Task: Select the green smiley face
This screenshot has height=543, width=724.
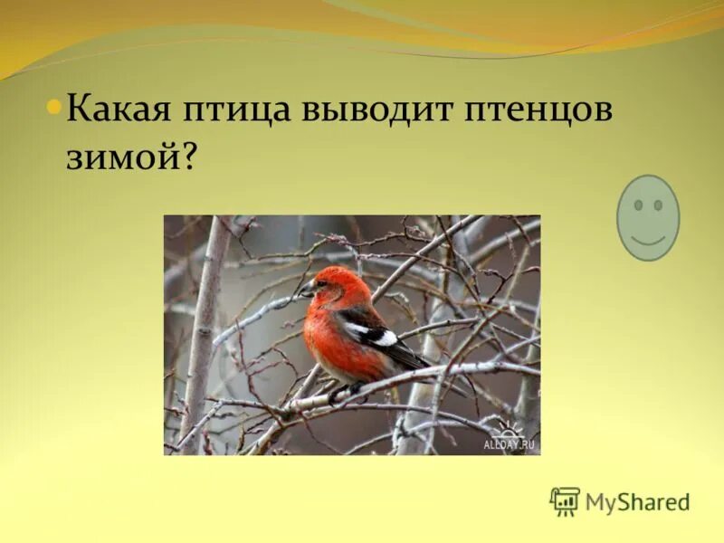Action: (x=647, y=217)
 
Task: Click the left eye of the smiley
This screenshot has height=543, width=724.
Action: (x=637, y=205)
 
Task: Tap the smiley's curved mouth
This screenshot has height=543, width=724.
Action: (x=647, y=239)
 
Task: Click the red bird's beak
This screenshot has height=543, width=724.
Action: (x=307, y=291)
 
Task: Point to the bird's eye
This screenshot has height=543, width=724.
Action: (x=323, y=283)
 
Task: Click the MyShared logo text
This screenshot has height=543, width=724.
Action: (x=637, y=501)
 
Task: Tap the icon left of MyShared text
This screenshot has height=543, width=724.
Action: (x=565, y=501)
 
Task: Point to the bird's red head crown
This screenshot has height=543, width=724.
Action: (x=340, y=275)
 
